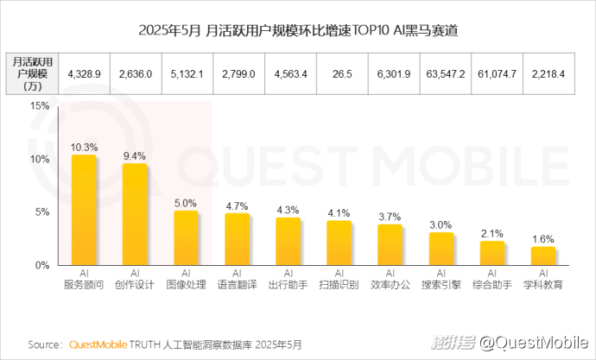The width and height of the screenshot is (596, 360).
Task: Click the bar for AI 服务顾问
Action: [84, 210]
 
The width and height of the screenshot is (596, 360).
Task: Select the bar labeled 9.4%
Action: [135, 214]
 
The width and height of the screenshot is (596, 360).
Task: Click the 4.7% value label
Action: [238, 205]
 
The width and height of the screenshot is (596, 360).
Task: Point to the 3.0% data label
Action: [441, 224]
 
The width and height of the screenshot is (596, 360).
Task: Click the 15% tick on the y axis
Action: [38, 106]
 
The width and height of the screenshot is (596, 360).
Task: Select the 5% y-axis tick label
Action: [41, 212]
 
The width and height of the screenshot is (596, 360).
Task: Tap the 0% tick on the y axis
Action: [41, 265]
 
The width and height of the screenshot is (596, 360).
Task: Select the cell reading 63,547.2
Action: [446, 74]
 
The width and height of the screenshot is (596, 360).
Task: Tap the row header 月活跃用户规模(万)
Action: [34, 74]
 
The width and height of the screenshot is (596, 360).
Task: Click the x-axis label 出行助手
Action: [288, 284]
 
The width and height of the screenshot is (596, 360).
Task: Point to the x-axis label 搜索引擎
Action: [441, 284]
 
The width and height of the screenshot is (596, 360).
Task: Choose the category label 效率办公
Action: [390, 284]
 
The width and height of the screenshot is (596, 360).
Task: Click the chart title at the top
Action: [298, 31]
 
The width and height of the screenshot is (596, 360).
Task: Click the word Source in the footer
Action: [44, 344]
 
